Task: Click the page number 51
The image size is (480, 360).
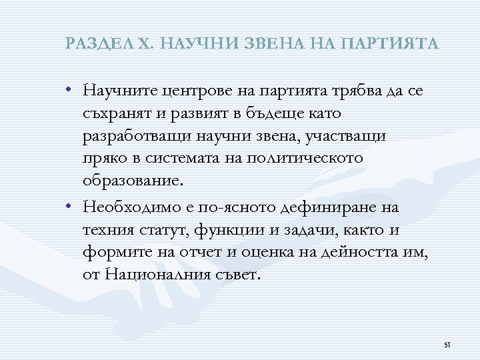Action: pos(447,345)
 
